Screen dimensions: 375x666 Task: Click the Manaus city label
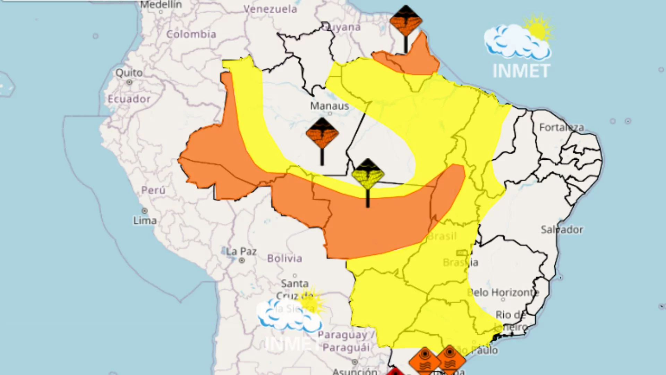[329, 106]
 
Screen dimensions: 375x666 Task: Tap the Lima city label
[145, 220]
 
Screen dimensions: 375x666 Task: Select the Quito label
[129, 73]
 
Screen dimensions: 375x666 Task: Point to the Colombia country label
[191, 34]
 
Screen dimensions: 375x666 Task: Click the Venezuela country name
[270, 9]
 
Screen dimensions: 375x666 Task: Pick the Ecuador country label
[129, 99]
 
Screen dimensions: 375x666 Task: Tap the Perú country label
[153, 190]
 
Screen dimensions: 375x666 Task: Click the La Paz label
[241, 251]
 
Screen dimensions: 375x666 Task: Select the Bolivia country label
[284, 258]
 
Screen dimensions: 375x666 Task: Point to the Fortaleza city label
[562, 127]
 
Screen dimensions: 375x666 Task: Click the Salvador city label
[562, 230]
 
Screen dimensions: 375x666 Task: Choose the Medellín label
[161, 5]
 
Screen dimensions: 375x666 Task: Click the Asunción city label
[355, 371]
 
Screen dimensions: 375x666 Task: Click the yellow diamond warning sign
[368, 174]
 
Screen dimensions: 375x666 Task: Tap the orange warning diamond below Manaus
[322, 133]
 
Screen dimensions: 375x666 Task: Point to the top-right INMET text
[521, 71]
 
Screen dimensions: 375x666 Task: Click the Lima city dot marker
[145, 211]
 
